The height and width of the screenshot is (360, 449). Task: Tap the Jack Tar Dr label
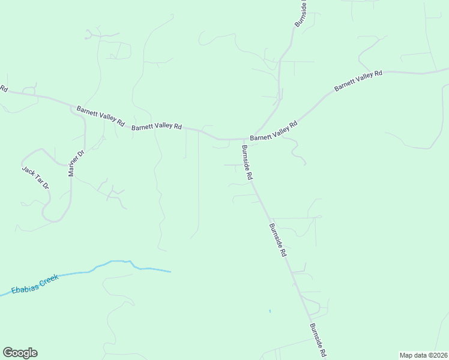coord(35,178)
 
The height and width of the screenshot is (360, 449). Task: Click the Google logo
coord(20,353)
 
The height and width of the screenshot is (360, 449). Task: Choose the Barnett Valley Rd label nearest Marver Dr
coord(100,115)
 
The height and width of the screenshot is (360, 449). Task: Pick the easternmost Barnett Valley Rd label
coord(358,81)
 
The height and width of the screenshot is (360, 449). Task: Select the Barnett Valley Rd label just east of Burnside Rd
coord(274,131)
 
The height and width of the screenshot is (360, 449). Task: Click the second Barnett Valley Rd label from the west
coord(156,127)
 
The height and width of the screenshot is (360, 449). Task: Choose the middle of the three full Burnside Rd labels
coord(278,240)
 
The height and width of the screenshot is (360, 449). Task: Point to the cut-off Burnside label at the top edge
coord(301,13)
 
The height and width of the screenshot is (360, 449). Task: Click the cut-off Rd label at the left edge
coord(4,89)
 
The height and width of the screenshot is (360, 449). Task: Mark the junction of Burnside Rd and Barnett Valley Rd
coord(244,139)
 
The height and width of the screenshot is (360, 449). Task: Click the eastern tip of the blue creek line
coord(170,272)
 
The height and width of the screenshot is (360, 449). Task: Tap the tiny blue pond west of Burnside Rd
coord(270,311)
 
